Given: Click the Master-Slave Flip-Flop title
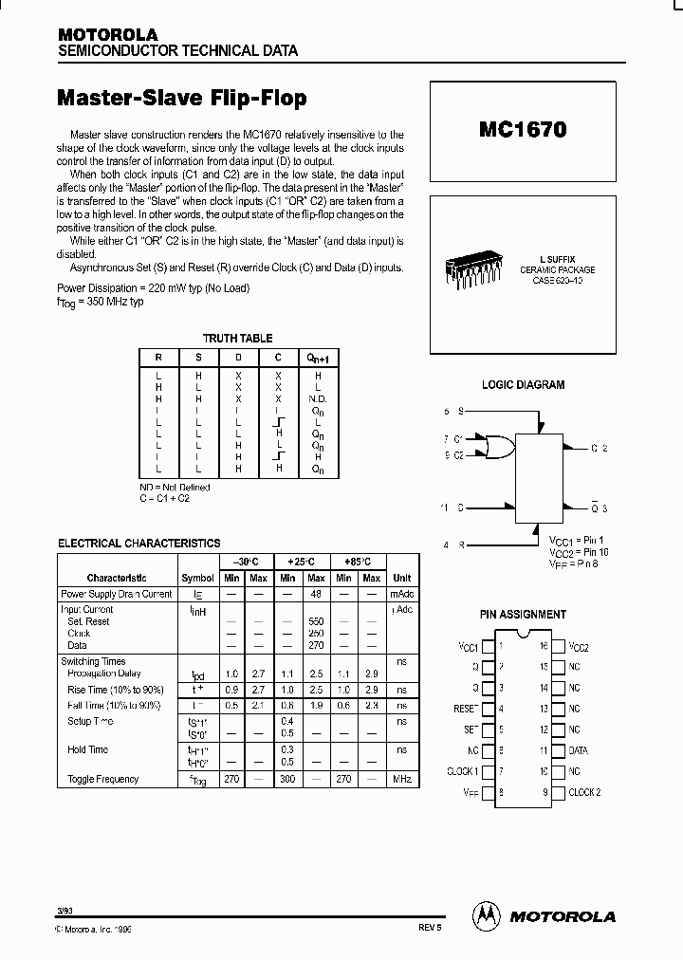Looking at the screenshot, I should coord(182,99).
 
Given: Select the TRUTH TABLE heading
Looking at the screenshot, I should coord(237,338).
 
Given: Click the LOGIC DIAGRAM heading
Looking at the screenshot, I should coord(524,385).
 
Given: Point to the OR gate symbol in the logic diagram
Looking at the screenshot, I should coord(496,447).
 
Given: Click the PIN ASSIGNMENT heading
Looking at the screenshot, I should coord(524,615).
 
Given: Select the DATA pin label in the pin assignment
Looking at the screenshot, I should coord(579,750).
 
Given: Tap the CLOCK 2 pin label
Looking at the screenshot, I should coord(584,792).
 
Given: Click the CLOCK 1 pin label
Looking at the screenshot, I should coord(462,771).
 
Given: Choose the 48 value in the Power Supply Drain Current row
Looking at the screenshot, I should coord(316,594).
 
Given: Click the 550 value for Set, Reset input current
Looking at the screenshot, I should coord(316,621).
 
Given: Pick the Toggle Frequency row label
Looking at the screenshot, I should coord(102,779).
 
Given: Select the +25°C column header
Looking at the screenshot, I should coord(302,562).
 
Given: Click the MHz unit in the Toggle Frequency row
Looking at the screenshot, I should coord(402,779).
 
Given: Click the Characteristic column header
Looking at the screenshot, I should coord(117,578).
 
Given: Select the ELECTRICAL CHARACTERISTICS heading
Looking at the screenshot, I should coord(139,544).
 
